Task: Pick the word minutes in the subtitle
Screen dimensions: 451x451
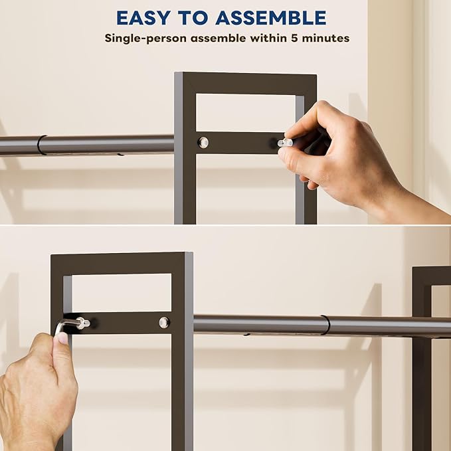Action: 325,38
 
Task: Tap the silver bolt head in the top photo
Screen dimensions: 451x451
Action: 204,142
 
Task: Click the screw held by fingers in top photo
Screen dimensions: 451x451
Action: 284,142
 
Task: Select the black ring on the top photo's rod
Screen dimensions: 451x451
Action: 41,145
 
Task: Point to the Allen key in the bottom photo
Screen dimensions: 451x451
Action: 62,326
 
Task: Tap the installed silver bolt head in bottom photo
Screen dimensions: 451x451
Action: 164,322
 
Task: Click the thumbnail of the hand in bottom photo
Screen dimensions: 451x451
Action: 61,338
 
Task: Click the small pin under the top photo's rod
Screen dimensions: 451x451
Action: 120,155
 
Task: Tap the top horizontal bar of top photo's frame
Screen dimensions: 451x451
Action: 246,83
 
